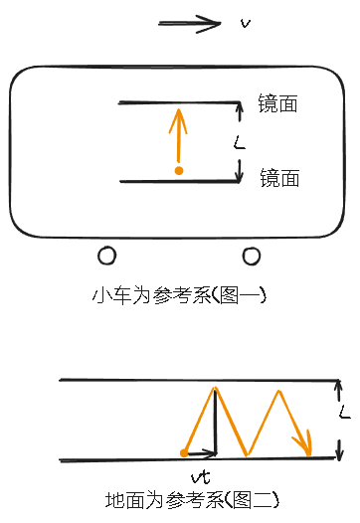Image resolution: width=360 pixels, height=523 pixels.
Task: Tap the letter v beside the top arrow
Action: point(245,21)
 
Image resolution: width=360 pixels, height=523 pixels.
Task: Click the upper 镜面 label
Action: point(277,104)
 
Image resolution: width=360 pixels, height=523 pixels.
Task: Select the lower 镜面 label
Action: point(279,178)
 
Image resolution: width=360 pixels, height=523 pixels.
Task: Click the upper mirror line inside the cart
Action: point(179,101)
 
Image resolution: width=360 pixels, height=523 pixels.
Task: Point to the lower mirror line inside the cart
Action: point(179,181)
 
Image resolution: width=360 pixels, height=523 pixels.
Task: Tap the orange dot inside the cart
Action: point(179,171)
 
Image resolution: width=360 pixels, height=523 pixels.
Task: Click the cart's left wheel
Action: point(106,257)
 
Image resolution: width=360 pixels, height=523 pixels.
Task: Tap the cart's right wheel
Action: point(252,257)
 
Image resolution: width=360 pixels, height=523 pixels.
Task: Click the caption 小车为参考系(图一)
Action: point(180,295)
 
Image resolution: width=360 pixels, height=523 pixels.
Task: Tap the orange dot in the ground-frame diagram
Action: point(184,453)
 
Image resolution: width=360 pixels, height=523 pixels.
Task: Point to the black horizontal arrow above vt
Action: point(201,452)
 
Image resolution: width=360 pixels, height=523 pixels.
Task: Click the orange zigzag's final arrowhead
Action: point(308,447)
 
